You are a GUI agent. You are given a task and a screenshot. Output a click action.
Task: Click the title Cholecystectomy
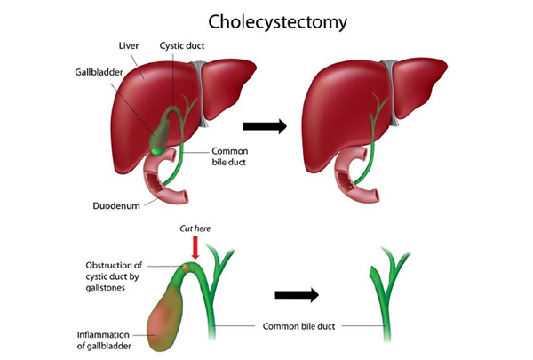point(277,23)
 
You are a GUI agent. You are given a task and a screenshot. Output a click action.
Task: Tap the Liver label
point(129,45)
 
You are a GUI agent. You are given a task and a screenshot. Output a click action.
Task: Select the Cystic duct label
point(182,45)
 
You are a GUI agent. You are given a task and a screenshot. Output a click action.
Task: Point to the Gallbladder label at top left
point(99,72)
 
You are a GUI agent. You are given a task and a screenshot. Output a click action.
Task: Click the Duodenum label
point(116,206)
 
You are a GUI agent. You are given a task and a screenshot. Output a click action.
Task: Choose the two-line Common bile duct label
point(230,156)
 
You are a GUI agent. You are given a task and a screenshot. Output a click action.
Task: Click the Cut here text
point(195,228)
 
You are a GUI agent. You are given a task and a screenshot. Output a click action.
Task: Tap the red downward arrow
point(195,247)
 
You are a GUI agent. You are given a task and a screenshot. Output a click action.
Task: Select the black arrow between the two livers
point(265,126)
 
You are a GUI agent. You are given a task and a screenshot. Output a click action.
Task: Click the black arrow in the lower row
point(297,295)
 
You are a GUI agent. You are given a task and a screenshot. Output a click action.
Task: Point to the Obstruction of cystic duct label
point(114,276)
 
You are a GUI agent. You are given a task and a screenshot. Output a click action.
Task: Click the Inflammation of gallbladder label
point(104,340)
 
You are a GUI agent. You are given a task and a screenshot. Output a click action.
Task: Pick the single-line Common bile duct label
point(298,326)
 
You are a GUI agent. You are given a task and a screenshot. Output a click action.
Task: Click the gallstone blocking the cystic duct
point(186,268)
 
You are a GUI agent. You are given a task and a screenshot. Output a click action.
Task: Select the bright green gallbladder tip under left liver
point(157,151)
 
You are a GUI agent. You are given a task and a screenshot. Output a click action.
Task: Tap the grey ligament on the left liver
point(198,94)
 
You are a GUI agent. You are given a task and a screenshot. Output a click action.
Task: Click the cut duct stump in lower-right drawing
point(373,272)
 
